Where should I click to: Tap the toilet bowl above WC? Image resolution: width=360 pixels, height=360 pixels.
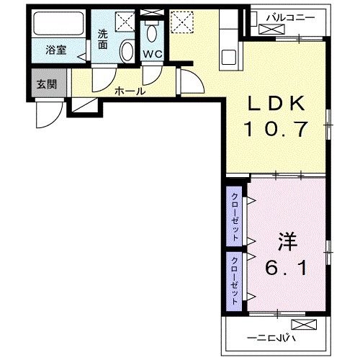151,33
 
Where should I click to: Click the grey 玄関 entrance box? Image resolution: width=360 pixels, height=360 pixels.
48,82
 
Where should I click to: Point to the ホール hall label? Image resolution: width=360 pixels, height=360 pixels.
130,91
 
